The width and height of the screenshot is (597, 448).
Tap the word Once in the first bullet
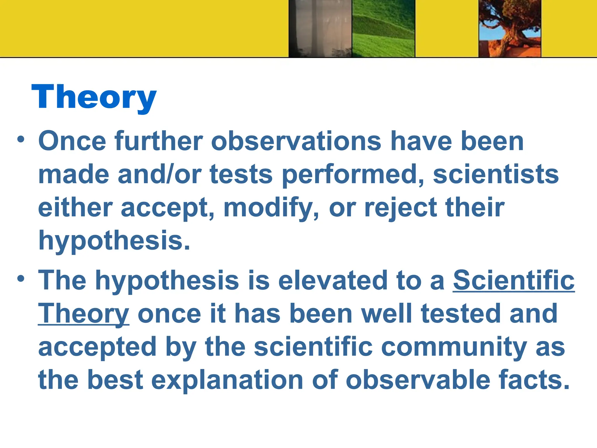pos(72,141)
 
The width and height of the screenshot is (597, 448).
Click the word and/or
pos(159,174)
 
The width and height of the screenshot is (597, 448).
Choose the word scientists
pos(496,174)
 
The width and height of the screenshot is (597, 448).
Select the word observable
pos(418,380)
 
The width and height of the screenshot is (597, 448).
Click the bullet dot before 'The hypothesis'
pos(21,279)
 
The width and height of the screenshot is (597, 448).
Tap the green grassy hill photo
pos(383,28)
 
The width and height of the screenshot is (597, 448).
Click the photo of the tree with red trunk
pos(510,28)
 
